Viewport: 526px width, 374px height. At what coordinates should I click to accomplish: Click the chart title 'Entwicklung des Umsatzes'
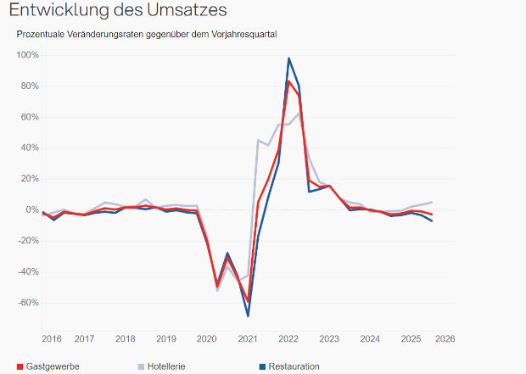click(x=118, y=11)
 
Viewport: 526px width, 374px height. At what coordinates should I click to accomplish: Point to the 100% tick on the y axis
click(x=26, y=55)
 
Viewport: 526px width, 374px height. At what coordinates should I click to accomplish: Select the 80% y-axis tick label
click(x=28, y=86)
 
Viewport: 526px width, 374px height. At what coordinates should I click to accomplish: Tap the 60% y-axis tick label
click(x=28, y=117)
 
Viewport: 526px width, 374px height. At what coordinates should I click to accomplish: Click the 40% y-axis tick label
click(x=28, y=148)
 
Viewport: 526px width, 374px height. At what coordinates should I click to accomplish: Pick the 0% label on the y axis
click(x=31, y=209)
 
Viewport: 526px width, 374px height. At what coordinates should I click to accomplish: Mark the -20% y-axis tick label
click(x=27, y=241)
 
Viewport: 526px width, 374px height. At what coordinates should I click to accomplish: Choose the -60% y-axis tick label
click(x=27, y=303)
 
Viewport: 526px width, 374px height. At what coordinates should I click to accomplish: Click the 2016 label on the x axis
click(x=52, y=338)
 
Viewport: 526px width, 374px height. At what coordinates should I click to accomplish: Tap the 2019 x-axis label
click(x=166, y=338)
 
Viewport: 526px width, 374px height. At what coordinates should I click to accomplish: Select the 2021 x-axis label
click(x=247, y=338)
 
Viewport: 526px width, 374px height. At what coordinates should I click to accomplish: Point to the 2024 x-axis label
click(x=369, y=338)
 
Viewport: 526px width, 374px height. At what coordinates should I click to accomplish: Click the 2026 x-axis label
click(x=445, y=338)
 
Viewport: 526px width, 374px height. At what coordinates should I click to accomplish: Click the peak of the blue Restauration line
click(x=288, y=59)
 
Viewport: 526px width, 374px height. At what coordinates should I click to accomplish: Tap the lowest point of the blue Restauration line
click(x=248, y=315)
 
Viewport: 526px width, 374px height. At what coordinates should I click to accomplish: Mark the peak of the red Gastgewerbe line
click(x=288, y=81)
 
